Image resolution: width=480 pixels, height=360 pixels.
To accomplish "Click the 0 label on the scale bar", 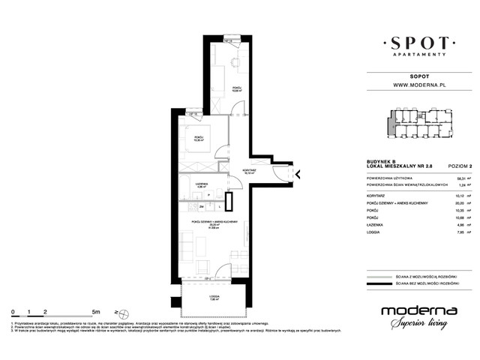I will coord(13,310).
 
